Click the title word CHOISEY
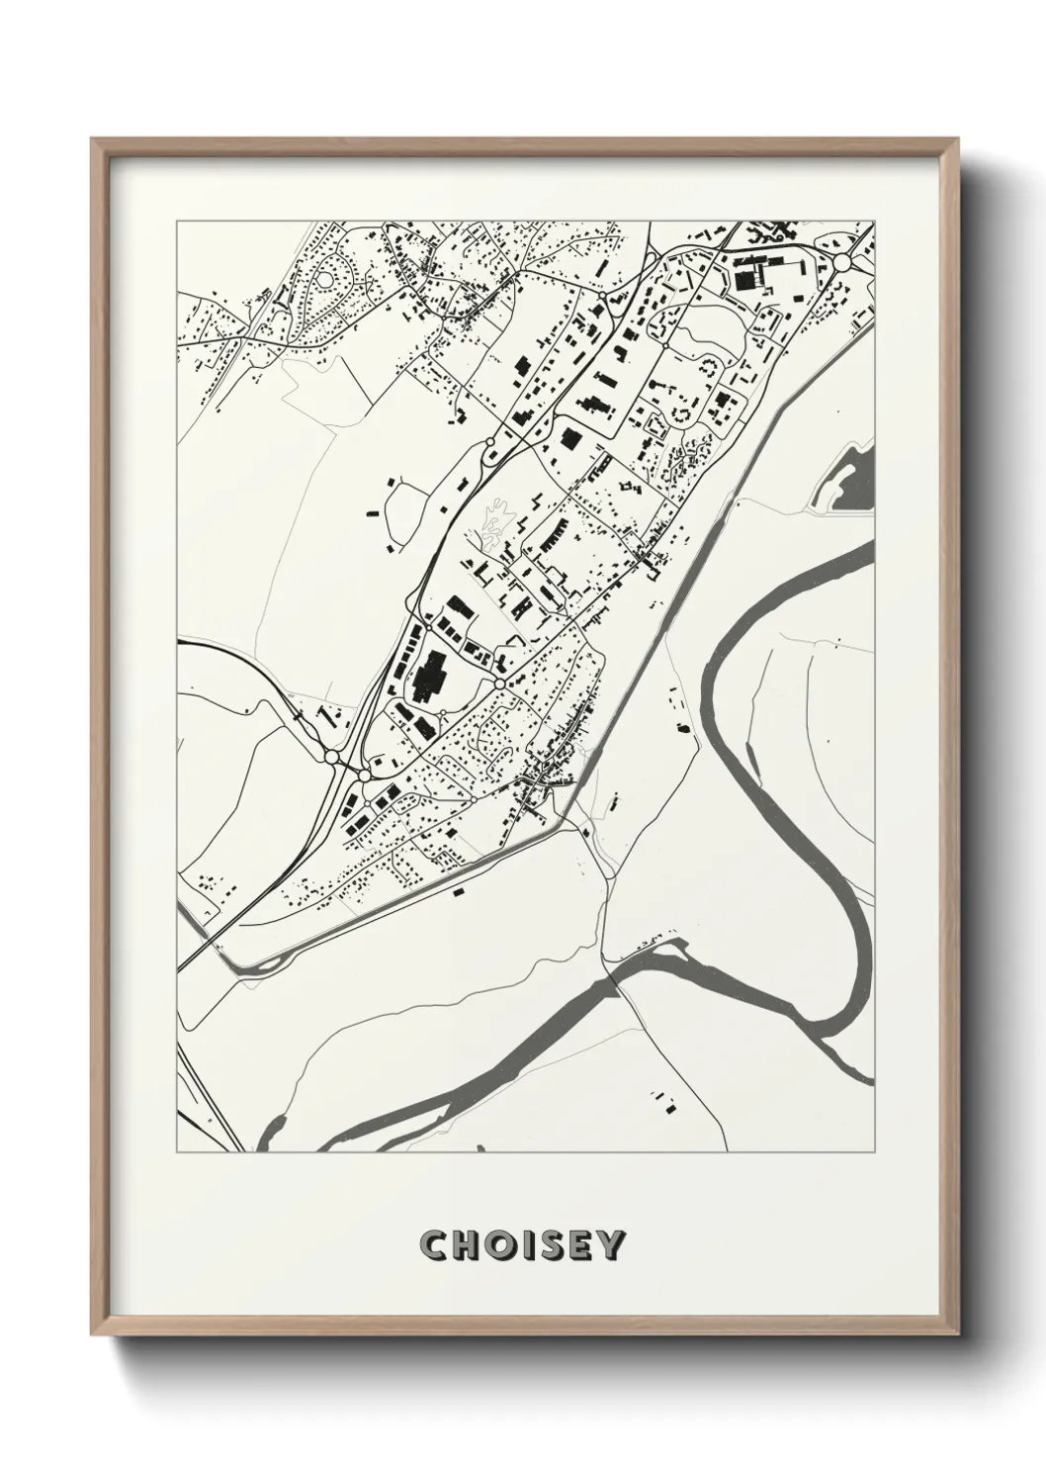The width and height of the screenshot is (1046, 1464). click(522, 1245)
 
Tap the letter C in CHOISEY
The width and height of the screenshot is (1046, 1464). click(433, 1245)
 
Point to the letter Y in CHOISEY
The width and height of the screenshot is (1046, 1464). click(611, 1245)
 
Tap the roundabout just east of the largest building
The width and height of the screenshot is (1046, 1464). click(500, 684)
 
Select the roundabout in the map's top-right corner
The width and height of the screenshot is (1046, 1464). click(842, 262)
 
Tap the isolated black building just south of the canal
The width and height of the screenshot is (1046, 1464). click(458, 891)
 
